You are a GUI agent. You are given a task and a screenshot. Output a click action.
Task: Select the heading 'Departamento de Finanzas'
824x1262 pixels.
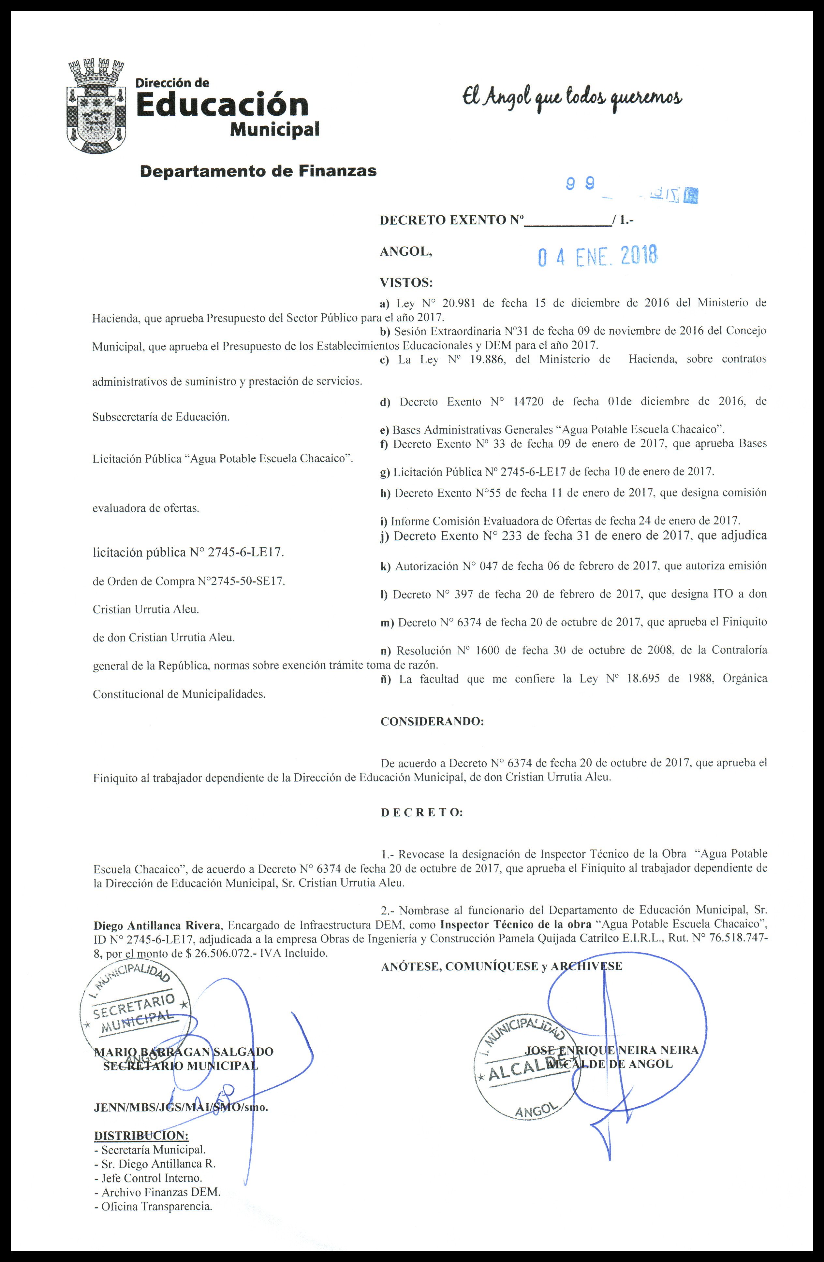tap(258, 171)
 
